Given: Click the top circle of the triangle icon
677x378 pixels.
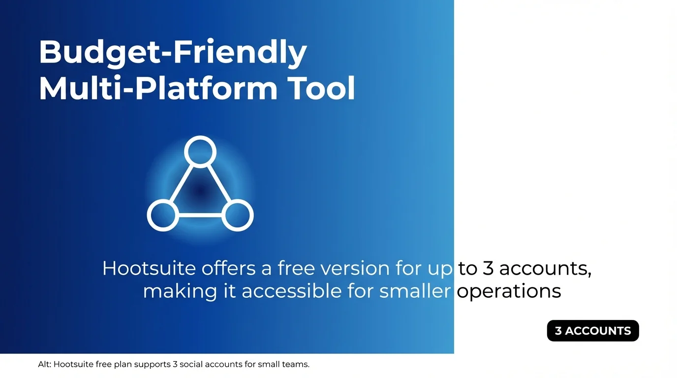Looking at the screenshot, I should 200,151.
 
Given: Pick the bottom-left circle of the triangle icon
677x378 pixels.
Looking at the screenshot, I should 162,216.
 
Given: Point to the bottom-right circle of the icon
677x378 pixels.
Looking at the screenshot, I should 238,216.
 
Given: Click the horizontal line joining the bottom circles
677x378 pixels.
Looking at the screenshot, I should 200,216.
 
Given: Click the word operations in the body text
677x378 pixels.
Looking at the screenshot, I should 509,291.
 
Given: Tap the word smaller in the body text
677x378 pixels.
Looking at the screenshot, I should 415,291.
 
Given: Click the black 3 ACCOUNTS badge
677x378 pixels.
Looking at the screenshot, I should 593,331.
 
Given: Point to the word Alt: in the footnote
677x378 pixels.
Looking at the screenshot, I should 44,365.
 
